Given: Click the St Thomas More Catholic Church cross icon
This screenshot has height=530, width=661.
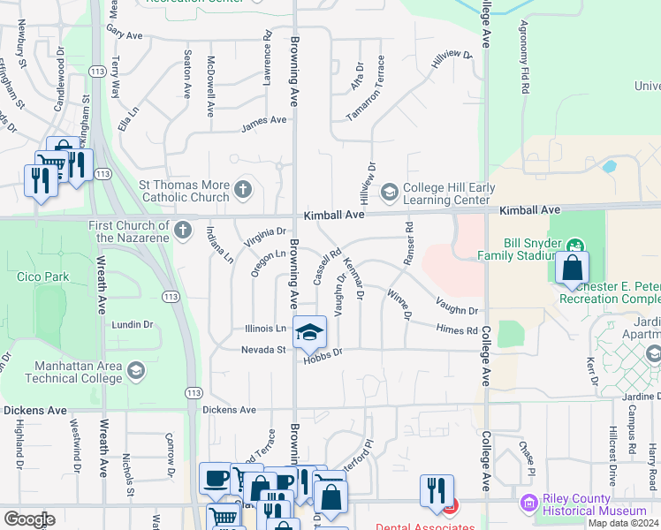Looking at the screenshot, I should [x=243, y=188].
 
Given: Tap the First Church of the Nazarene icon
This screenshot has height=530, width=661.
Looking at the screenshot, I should [x=182, y=231].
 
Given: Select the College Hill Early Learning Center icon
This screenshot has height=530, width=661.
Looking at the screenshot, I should [x=388, y=192].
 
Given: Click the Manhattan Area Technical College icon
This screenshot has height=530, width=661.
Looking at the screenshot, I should [x=135, y=369].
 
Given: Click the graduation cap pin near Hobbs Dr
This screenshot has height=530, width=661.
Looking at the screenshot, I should [x=308, y=332].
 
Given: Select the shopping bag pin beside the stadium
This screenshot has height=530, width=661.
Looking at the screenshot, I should [x=573, y=266].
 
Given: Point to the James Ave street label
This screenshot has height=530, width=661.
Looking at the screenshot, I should [x=264, y=119].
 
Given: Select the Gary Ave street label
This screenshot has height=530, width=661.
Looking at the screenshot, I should [x=124, y=34].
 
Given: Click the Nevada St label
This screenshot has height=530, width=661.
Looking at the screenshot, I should [x=263, y=350].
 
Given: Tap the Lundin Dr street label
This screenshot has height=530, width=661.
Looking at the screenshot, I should [x=133, y=325].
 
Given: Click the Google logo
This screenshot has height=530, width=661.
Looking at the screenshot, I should [x=29, y=519].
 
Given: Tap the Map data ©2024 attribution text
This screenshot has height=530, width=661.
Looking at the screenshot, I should [x=623, y=523].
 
